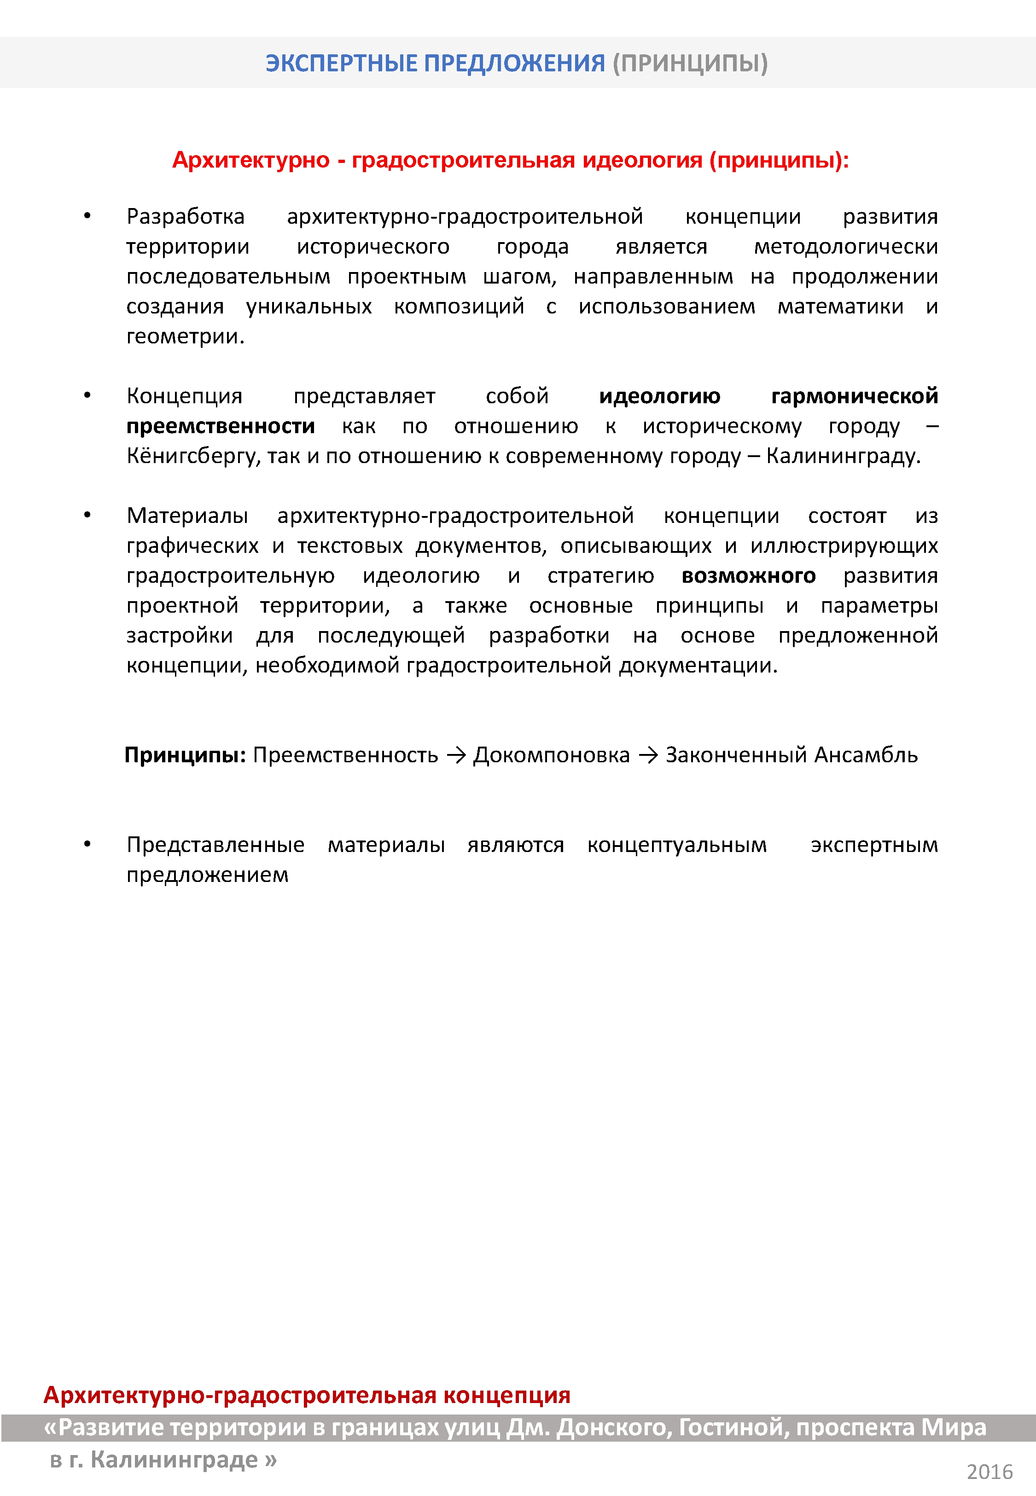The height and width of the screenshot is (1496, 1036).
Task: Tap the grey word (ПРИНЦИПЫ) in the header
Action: [x=690, y=63]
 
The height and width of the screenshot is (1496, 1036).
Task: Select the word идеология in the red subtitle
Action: [x=642, y=160]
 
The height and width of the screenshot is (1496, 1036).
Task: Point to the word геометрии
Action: [x=185, y=336]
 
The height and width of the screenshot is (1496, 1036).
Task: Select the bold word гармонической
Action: [x=854, y=396]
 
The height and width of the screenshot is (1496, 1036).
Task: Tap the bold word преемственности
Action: [x=221, y=426]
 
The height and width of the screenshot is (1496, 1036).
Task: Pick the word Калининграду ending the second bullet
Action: [x=843, y=456]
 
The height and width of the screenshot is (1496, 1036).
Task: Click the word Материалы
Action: [x=187, y=516]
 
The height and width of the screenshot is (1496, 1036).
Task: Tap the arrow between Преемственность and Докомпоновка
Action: [x=456, y=755]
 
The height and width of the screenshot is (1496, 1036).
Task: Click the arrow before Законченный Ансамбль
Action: [x=648, y=755]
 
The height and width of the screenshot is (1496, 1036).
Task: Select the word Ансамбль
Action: [x=866, y=755]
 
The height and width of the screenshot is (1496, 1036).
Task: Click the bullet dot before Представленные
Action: [x=87, y=844]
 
